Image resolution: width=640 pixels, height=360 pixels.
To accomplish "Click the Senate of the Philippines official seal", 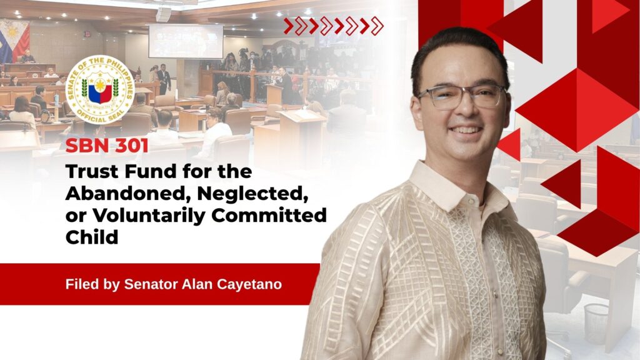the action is click(100, 90).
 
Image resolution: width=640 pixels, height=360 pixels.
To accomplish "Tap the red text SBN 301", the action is click(107, 146).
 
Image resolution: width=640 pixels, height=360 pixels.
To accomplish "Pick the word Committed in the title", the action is click(269, 216).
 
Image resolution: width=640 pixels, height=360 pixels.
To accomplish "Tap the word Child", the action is click(92, 237).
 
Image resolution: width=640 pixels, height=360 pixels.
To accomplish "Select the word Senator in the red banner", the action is click(151, 284).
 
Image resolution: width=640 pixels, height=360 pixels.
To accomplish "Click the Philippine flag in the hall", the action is click(15, 41).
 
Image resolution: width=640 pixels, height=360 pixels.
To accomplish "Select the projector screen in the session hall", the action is click(186, 41).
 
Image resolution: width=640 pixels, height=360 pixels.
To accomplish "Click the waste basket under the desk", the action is click(596, 323).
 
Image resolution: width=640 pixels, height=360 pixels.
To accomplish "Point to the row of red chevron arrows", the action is click(334, 26).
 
